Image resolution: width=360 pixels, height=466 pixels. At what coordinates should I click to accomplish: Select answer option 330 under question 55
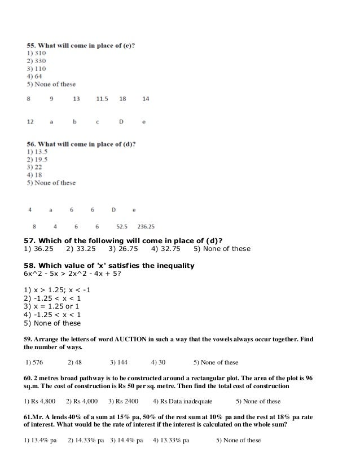coord(37,60)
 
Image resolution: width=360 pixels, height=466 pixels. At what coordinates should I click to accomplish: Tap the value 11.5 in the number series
coord(102,99)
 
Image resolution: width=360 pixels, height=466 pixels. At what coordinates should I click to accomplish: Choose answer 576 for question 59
coord(34,362)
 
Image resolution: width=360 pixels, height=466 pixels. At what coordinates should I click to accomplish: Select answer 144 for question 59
coord(118,362)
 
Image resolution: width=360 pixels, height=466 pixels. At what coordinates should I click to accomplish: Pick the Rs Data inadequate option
coord(185,402)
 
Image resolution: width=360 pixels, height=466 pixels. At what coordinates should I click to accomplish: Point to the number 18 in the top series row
coord(122,99)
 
